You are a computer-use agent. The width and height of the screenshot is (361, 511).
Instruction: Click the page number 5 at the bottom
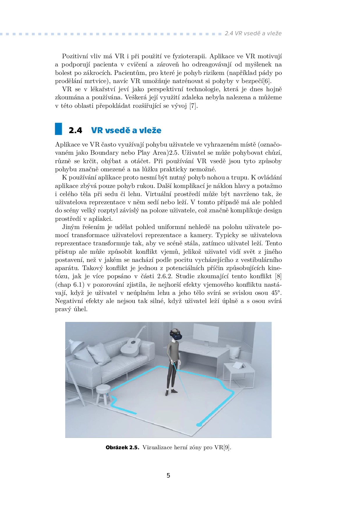(x=168, y=475)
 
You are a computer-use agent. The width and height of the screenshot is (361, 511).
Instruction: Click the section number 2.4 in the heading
(x=75, y=130)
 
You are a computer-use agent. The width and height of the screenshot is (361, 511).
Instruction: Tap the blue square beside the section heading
(x=59, y=129)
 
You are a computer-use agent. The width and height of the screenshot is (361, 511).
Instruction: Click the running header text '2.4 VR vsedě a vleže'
(x=253, y=34)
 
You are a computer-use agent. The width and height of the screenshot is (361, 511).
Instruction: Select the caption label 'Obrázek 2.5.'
(x=122, y=447)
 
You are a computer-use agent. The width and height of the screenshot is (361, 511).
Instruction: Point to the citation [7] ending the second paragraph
(x=193, y=106)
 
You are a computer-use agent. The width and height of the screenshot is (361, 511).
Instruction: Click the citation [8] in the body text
(x=278, y=276)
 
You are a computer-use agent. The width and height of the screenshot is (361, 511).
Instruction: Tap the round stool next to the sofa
(x=103, y=392)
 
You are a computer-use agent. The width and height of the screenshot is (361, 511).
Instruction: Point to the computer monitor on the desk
(x=206, y=334)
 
